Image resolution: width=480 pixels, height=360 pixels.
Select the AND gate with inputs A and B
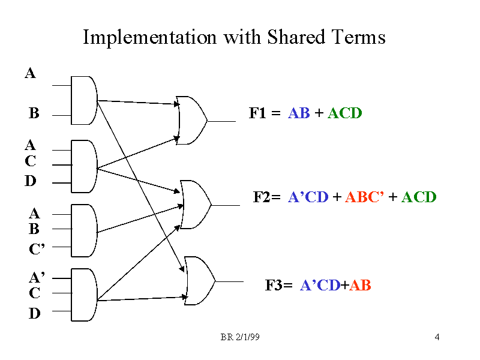coord(83,100)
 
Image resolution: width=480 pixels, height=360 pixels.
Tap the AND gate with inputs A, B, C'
coord(83,230)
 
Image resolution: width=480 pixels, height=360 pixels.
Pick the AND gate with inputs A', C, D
coord(83,294)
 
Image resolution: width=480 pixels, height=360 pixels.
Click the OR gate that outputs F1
coord(191,120)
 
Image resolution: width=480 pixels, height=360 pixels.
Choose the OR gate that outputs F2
coord(195,204)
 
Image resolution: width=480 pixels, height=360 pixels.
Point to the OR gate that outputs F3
coord(199,281)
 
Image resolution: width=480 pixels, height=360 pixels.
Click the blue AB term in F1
coord(299,113)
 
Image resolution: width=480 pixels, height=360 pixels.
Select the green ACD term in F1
coord(344,113)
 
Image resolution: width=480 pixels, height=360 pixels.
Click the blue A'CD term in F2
coord(308,197)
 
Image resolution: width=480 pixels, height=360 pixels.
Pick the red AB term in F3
coord(360,286)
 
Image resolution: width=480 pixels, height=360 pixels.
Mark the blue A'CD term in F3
coord(320,286)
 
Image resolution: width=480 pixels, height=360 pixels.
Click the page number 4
coord(437,338)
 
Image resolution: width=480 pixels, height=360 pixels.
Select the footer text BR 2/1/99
coord(240,338)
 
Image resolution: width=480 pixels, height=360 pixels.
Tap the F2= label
coord(267,197)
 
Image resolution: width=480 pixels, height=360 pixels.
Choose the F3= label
coord(278,286)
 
